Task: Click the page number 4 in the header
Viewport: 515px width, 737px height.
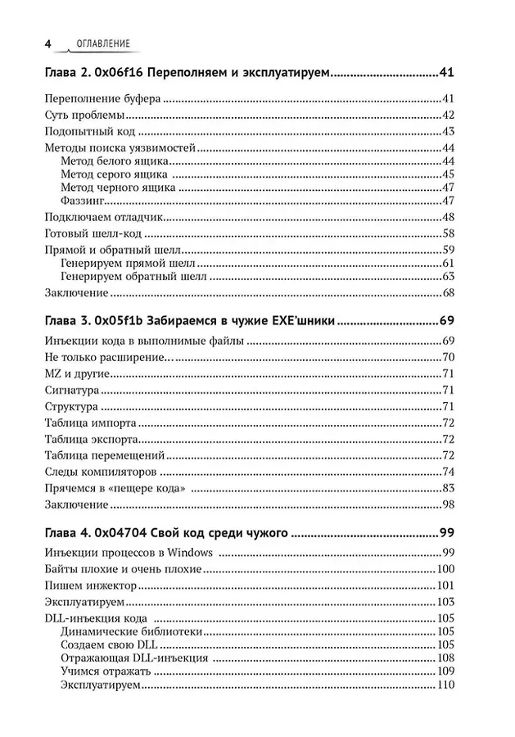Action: pyautogui.click(x=48, y=43)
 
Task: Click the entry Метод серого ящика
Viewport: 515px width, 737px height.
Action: pyautogui.click(x=114, y=174)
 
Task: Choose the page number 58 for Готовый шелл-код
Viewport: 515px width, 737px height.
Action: pyautogui.click(x=448, y=233)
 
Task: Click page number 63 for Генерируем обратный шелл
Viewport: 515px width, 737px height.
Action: pyautogui.click(x=448, y=278)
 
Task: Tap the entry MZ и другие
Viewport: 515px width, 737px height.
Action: pyautogui.click(x=73, y=373)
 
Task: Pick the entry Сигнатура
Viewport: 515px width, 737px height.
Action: pyautogui.click(x=70, y=390)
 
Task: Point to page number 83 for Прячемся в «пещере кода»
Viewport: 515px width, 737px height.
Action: pyautogui.click(x=448, y=488)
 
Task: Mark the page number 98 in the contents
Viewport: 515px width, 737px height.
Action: pyautogui.click(x=448, y=504)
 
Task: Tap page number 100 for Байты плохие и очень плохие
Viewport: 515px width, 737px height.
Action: pyautogui.click(x=445, y=570)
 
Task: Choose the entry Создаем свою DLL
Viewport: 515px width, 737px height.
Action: pyautogui.click(x=109, y=646)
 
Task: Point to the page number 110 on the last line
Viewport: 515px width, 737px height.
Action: pyautogui.click(x=445, y=685)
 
